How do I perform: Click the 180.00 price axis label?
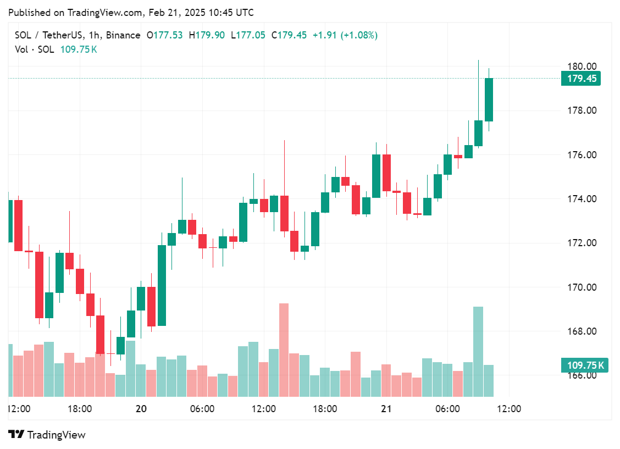582,66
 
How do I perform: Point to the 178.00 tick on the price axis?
582,110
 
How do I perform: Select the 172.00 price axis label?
582,243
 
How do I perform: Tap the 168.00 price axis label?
582,331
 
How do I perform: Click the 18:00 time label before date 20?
79,409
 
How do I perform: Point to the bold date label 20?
141,409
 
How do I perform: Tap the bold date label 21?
386,409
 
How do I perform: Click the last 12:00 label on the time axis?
509,409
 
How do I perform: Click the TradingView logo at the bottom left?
47,435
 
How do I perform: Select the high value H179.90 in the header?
207,35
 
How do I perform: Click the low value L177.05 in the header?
248,35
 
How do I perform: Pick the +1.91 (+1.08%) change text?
345,35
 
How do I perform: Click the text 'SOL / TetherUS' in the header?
49,35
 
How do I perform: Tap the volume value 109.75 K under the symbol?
79,49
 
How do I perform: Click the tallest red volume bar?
284,350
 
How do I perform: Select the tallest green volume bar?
478,351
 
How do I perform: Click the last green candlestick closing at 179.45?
489,99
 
